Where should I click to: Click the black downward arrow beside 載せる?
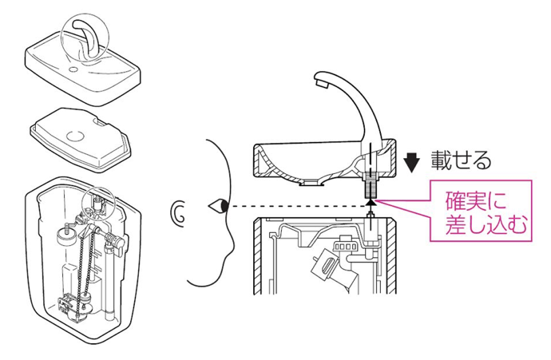tap(411, 161)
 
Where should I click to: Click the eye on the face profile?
tap(218, 207)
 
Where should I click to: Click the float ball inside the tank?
tap(65, 233)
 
